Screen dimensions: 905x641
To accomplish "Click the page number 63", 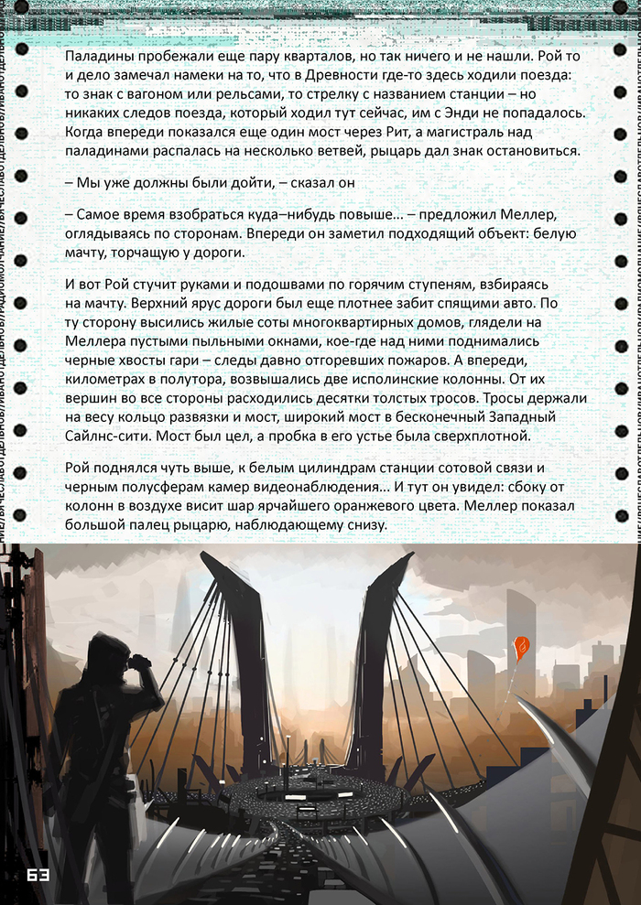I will [x=37, y=875].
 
